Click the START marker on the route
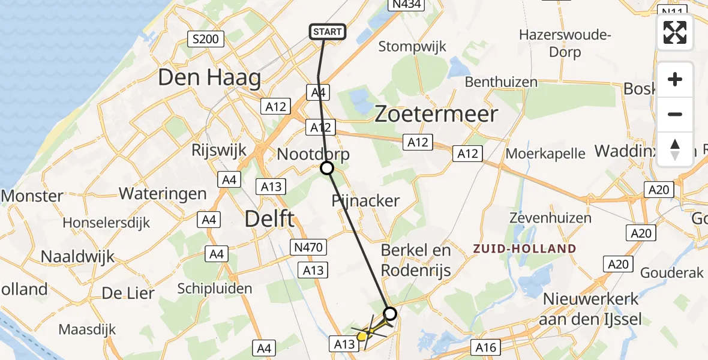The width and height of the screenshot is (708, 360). tap(327, 32)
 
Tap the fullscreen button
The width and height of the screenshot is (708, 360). tap(675, 32)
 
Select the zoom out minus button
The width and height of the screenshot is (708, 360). tap(675, 114)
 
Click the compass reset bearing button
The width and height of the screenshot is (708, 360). tap(675, 149)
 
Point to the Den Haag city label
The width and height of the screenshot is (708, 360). tap(209, 78)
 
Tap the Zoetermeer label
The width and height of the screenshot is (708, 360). tap(436, 114)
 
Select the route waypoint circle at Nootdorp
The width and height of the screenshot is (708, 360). tap(327, 168)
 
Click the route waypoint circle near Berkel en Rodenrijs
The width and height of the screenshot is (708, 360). tap(390, 313)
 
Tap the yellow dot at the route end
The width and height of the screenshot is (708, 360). tap(361, 337)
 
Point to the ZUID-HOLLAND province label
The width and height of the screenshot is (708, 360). tap(524, 248)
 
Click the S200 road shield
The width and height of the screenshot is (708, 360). tap(206, 40)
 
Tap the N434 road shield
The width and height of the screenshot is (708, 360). tap(406, 5)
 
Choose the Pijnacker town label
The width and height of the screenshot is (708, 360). tap(365, 200)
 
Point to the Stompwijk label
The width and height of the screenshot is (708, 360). tap(410, 46)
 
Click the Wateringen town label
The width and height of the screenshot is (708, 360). tap(163, 194)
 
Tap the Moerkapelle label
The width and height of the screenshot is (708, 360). tap(545, 153)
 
